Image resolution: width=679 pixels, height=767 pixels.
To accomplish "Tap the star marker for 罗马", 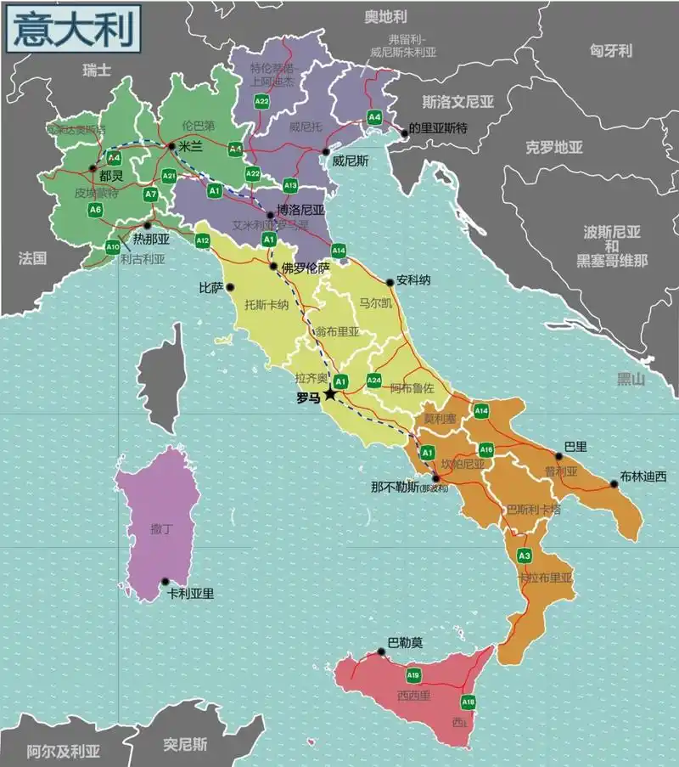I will point(330,395).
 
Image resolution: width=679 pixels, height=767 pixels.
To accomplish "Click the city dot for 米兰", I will point(172,146).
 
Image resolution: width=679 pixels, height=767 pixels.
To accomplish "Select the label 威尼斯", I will point(349,160).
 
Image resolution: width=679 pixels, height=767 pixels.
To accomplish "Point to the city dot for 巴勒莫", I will point(382,652).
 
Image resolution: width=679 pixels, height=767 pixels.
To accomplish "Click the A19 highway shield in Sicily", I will point(413,675).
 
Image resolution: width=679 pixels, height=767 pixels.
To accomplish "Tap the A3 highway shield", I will point(525,556).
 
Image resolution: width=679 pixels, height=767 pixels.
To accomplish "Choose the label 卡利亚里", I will point(191,594).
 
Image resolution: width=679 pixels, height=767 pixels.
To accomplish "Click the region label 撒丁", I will point(160,529).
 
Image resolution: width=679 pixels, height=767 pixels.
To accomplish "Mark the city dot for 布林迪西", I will point(614,484).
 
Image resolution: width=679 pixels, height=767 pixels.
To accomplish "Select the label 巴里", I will point(575,445).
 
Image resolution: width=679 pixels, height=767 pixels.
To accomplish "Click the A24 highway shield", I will point(373,380).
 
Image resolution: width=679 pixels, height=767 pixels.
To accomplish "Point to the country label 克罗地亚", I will point(554,147).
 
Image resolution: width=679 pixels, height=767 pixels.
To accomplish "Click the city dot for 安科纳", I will point(390,283).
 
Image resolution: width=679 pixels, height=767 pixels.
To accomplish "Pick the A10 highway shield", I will point(113,247).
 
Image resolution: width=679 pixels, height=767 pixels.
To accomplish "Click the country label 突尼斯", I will point(185,745).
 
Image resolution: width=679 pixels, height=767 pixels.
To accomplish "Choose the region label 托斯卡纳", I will point(267,303).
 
